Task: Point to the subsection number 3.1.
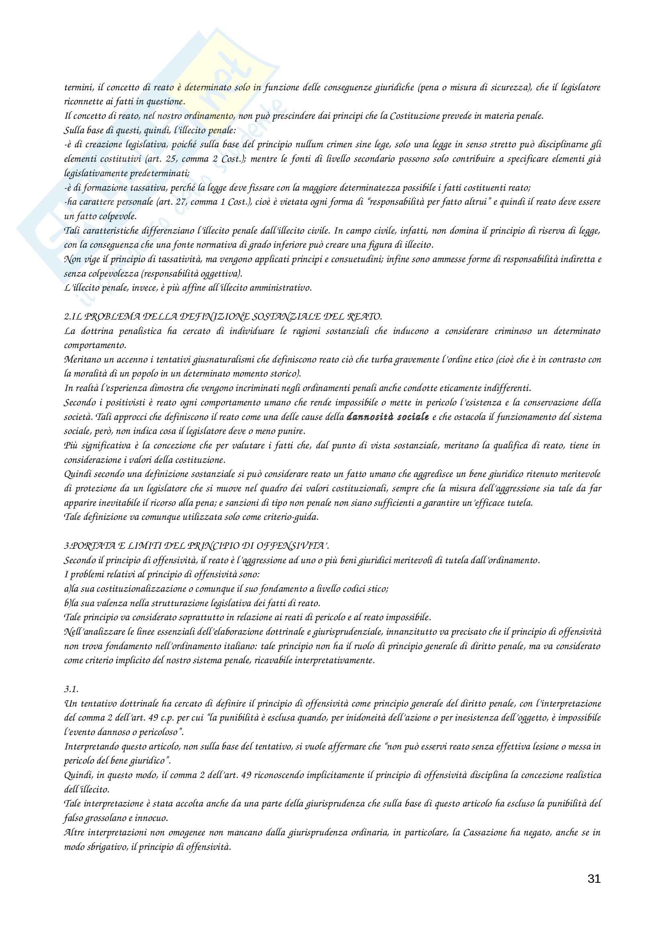[71, 689]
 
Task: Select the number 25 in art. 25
[171, 159]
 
